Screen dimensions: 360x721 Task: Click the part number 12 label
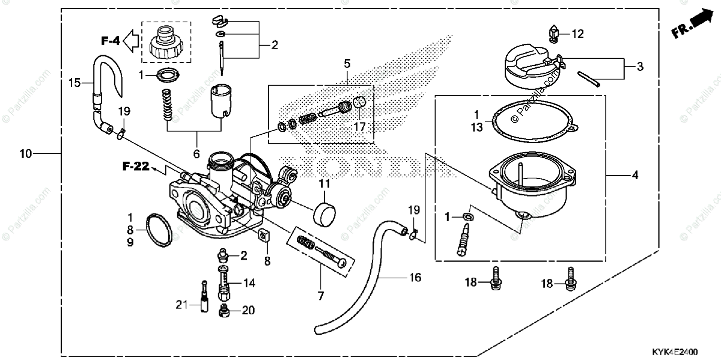(577, 34)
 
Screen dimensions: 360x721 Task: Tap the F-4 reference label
(111, 41)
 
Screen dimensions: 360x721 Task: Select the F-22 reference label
(136, 166)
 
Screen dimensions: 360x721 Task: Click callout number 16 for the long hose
(415, 278)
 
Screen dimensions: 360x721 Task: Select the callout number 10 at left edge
(25, 154)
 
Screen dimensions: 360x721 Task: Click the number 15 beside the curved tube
(75, 84)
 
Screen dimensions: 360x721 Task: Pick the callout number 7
(320, 296)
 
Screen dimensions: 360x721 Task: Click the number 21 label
(182, 305)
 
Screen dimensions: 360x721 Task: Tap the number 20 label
(248, 311)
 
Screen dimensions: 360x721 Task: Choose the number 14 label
(249, 282)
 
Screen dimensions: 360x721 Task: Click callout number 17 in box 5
(359, 127)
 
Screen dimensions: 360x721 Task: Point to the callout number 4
(634, 175)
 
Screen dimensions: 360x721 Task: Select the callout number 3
(639, 67)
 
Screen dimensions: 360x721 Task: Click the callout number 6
(196, 154)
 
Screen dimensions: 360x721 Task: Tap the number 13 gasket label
(476, 127)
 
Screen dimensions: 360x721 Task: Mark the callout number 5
(347, 63)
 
